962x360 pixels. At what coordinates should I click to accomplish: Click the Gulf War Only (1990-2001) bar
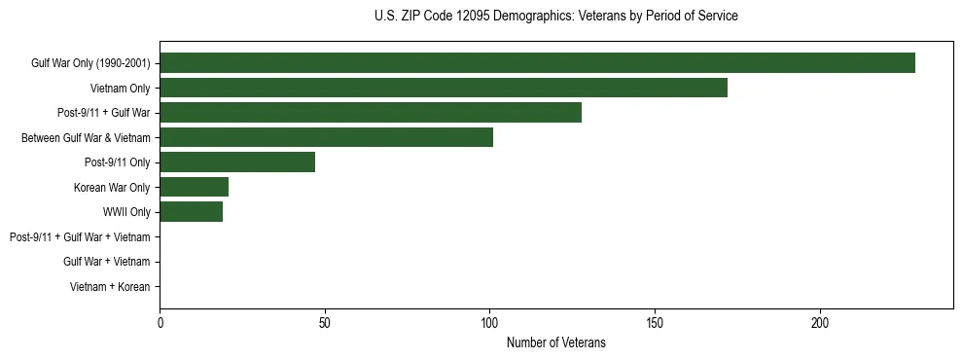[x=537, y=63]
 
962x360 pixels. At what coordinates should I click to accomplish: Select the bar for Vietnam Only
[x=444, y=88]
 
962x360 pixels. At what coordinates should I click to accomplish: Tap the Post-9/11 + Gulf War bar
[x=371, y=113]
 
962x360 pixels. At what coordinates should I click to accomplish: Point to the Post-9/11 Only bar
[x=237, y=162]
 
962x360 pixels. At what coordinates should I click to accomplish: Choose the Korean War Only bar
[x=195, y=187]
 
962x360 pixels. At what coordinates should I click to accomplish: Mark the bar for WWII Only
[x=191, y=212]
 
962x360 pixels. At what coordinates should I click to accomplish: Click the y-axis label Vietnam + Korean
[x=110, y=287]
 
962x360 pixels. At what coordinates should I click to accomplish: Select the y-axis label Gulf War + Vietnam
[x=107, y=262]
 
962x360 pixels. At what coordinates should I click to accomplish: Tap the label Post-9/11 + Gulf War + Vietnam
[x=80, y=237]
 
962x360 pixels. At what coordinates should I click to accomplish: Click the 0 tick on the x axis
[x=160, y=322]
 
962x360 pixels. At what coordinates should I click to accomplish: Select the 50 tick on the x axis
[x=325, y=322]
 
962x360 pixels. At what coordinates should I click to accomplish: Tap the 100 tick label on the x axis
[x=489, y=322]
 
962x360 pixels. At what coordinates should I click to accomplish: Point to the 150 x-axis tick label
[x=655, y=322]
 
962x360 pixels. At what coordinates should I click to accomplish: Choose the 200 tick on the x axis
[x=820, y=322]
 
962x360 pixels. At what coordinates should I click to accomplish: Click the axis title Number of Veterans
[x=555, y=342]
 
